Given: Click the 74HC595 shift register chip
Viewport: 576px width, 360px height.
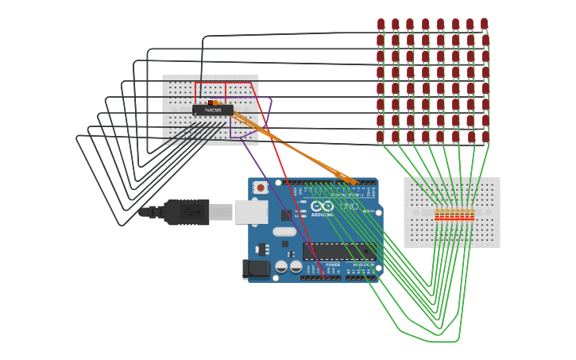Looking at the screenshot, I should pos(212,110).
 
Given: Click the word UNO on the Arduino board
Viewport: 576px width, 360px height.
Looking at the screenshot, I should pos(349,206).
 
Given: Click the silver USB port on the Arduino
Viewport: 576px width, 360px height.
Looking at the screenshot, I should pos(251,211).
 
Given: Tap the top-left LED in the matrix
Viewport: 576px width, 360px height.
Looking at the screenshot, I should pos(381,24).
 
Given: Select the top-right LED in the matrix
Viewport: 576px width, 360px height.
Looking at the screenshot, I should pos(484,24).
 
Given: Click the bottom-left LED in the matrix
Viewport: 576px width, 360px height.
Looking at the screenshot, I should pos(380,137).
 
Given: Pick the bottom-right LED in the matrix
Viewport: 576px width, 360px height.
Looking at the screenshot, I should pos(485,137).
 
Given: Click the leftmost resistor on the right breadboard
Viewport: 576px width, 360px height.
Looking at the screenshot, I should pos(437,215).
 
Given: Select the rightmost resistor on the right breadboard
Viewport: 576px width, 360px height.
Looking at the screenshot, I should pos(472,215).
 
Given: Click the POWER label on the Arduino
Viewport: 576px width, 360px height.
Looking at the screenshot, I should pos(333,265).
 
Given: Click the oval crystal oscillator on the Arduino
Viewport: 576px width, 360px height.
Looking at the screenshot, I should pos(284,232).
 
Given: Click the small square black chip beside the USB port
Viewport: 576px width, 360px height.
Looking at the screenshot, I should pos(286,215).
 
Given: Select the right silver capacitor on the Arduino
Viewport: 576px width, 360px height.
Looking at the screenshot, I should pos(296,266).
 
